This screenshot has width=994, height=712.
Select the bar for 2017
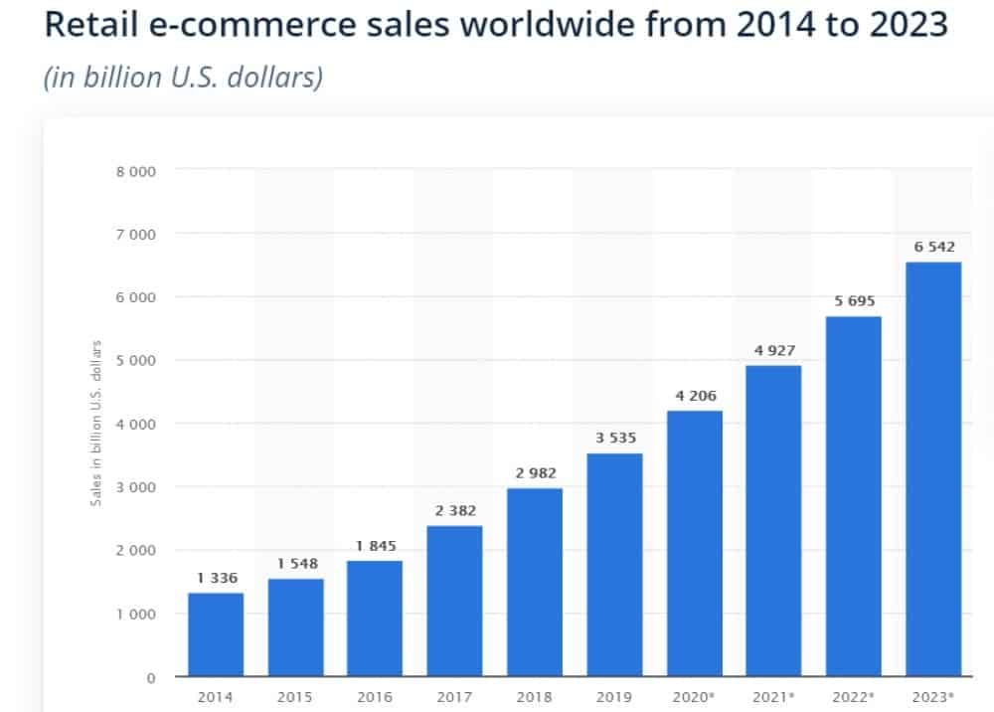(x=454, y=601)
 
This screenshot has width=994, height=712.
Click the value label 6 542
(x=933, y=246)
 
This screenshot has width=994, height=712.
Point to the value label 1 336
(x=216, y=577)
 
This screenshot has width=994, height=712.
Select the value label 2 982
(x=535, y=472)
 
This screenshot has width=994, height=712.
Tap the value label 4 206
(x=694, y=395)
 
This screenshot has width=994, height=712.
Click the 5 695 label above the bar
(x=854, y=300)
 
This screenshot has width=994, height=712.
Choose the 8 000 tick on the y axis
(x=137, y=171)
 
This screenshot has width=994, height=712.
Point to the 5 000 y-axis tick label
(x=137, y=361)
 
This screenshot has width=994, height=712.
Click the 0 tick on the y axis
(x=151, y=678)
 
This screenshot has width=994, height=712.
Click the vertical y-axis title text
(x=96, y=423)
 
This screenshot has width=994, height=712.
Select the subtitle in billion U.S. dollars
(x=183, y=78)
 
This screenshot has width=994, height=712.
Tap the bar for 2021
(x=773, y=521)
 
